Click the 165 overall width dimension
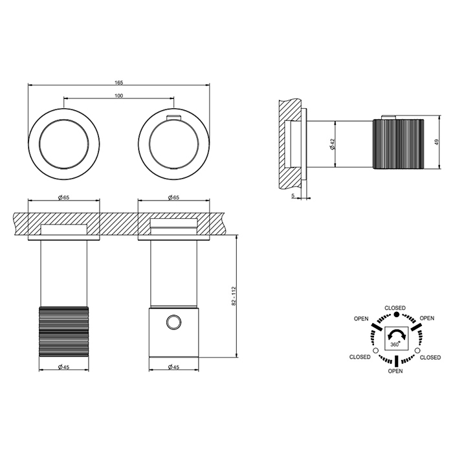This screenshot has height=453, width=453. click(118, 83)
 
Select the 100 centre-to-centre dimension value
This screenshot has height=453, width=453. click(118, 96)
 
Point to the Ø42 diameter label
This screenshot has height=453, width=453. click(333, 144)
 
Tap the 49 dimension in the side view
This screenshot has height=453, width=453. click(437, 142)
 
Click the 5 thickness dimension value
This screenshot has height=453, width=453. click(293, 195)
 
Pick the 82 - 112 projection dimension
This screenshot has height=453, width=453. click(234, 296)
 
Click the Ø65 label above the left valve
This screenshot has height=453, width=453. click(63, 197)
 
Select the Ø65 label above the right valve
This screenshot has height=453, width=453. click(173, 197)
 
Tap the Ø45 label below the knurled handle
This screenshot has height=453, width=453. click(63, 367)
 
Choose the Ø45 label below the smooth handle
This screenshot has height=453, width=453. click(173, 367)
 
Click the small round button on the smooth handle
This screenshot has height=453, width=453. click(174, 322)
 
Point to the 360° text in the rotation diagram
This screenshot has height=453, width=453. click(395, 344)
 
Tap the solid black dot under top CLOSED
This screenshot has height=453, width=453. click(396, 315)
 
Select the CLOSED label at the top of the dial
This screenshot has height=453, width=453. click(395, 308)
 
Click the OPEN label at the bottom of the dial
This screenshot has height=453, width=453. click(395, 371)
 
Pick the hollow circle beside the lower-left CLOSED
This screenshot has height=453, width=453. click(375, 351)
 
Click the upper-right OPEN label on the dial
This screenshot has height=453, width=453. click(426, 318)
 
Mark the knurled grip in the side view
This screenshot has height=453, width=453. click(399, 144)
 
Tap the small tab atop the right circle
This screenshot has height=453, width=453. click(174, 117)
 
